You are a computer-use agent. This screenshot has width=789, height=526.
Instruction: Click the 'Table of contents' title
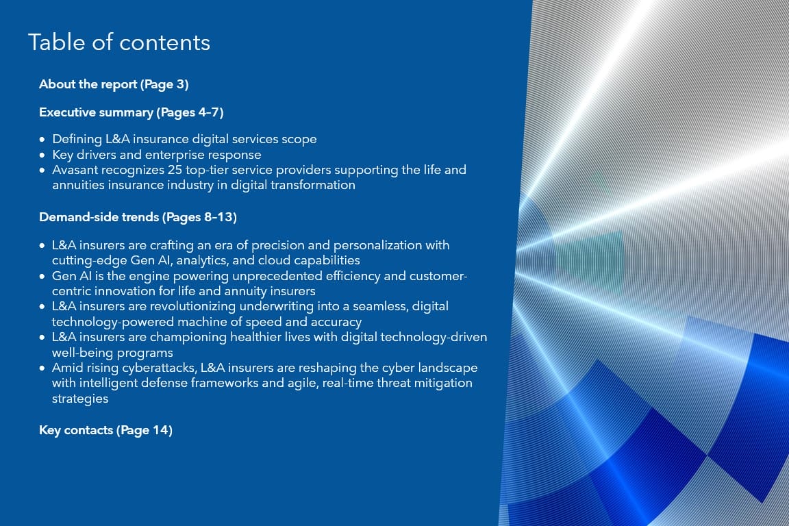point(118,42)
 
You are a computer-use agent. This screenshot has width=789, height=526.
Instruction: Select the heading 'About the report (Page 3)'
point(114,84)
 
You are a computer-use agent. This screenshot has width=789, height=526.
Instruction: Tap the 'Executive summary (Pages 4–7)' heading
point(131,112)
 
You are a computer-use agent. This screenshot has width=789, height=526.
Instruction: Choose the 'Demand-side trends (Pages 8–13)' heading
point(138,217)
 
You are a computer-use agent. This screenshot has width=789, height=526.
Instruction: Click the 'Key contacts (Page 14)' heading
point(105,430)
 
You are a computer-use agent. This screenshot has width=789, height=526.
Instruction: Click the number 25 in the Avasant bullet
point(175,170)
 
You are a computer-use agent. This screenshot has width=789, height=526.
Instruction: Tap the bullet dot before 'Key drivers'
point(42,155)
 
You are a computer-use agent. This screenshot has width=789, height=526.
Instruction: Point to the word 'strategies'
point(80,399)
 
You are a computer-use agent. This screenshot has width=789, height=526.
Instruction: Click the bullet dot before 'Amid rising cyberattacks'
point(42,368)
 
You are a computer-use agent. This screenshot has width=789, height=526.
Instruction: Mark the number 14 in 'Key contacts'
point(160,430)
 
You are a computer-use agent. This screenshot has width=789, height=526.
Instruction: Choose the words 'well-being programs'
point(112,353)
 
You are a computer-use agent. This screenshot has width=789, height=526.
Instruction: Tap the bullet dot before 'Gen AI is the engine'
point(42,276)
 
